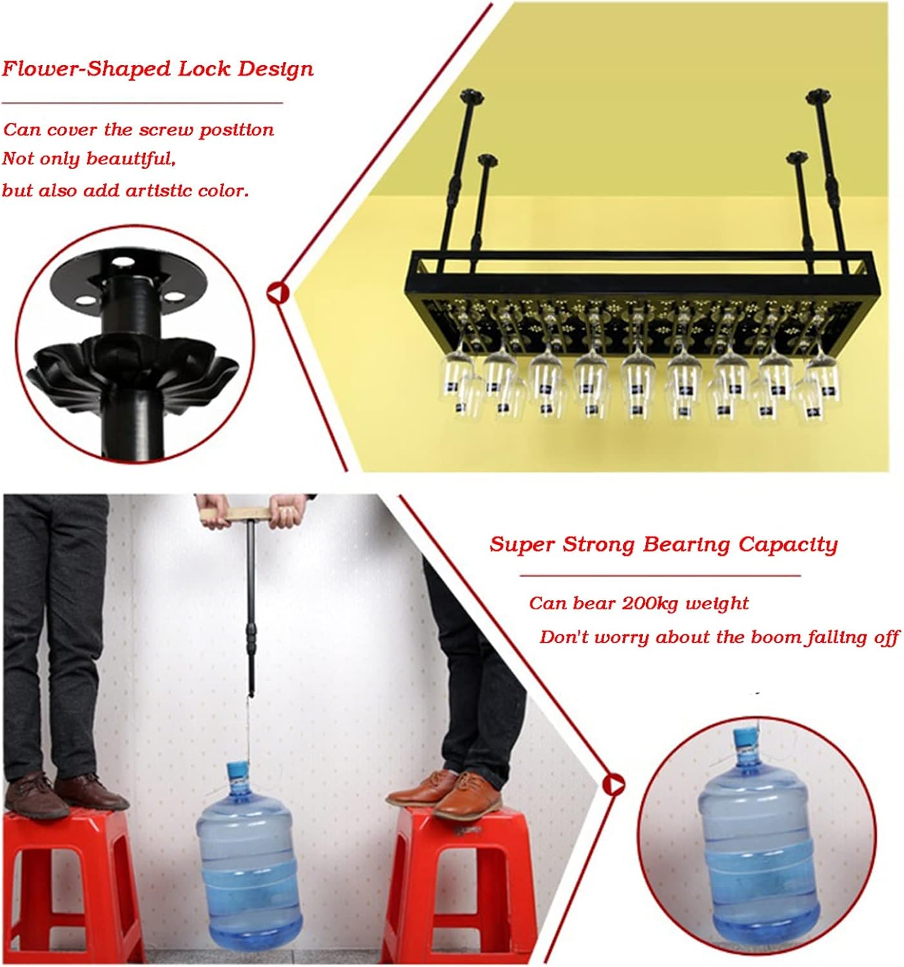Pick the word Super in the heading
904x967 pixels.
pyautogui.click(x=522, y=544)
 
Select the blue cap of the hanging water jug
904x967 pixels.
pyautogui.click(x=238, y=770)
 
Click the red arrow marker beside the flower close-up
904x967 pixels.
pyautogui.click(x=277, y=293)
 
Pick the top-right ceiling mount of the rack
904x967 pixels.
pyautogui.click(x=817, y=97)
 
